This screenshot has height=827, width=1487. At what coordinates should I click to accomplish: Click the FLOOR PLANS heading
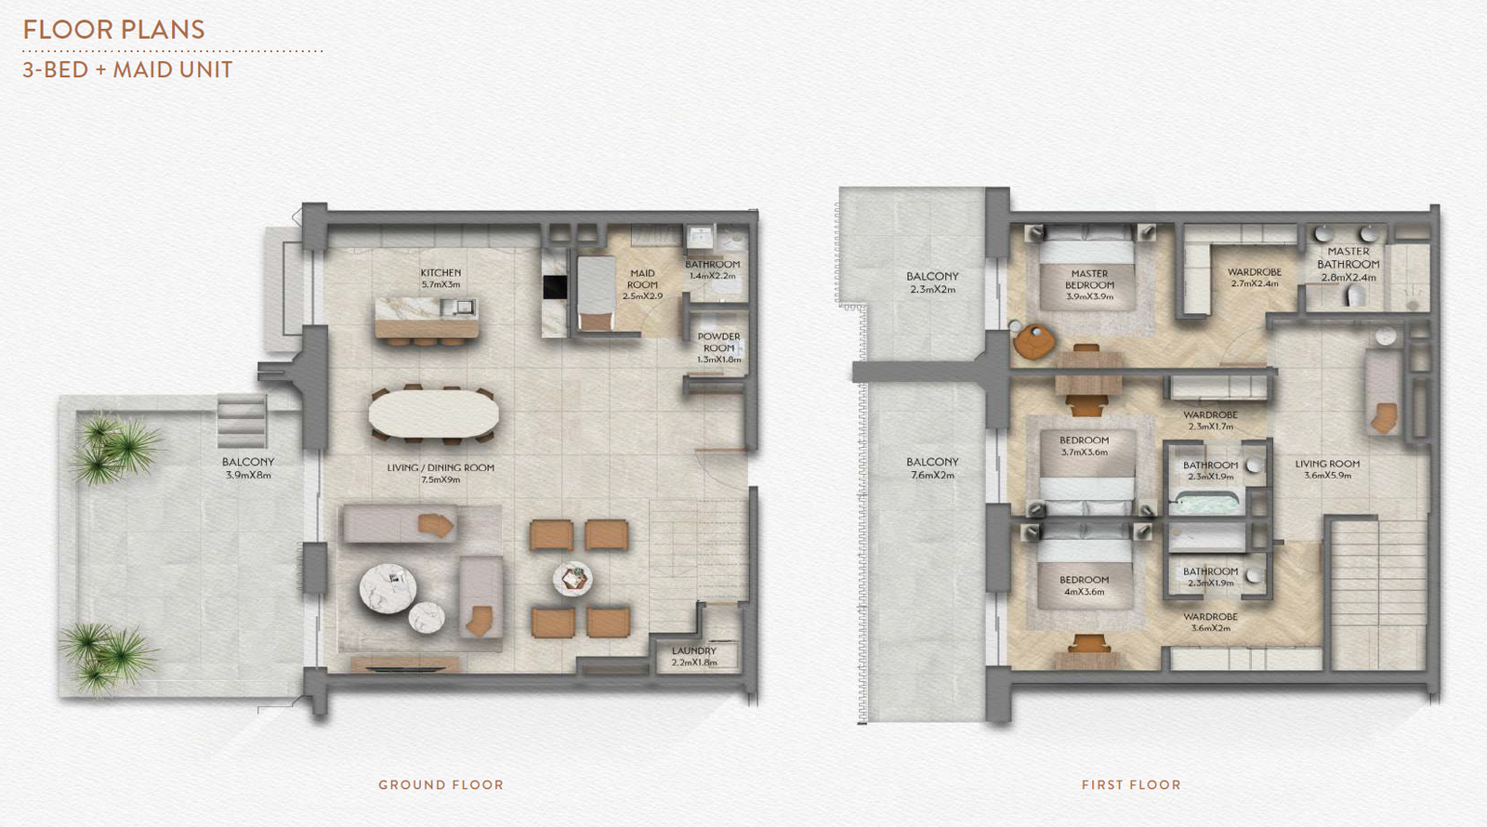[x=113, y=30]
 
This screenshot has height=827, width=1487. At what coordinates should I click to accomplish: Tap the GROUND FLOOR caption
[x=441, y=785]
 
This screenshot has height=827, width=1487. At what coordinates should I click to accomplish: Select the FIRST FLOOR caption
[x=1131, y=785]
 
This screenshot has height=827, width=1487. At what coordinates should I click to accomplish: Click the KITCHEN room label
[x=441, y=273]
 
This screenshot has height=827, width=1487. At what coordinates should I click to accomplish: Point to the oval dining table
[x=433, y=413]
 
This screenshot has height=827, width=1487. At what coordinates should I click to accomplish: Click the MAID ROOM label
[x=642, y=279]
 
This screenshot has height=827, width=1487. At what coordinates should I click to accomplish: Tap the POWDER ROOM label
[x=719, y=343]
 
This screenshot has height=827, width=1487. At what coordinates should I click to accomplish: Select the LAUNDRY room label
[x=694, y=651]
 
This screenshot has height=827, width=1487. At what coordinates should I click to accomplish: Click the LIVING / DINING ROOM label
[x=441, y=468]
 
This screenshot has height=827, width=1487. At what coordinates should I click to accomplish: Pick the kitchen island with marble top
[x=427, y=318]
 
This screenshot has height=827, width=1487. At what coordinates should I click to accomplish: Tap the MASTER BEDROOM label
[x=1089, y=280]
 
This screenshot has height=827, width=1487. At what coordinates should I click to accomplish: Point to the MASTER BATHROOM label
[x=1349, y=257]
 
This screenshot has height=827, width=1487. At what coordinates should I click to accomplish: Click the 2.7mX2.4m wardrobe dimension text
[x=1255, y=283]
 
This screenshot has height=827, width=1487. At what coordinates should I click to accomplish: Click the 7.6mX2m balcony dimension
[x=933, y=475]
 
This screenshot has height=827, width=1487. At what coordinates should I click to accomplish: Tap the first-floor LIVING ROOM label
[x=1328, y=464]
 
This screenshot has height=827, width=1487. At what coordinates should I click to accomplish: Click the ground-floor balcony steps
[x=242, y=421]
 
